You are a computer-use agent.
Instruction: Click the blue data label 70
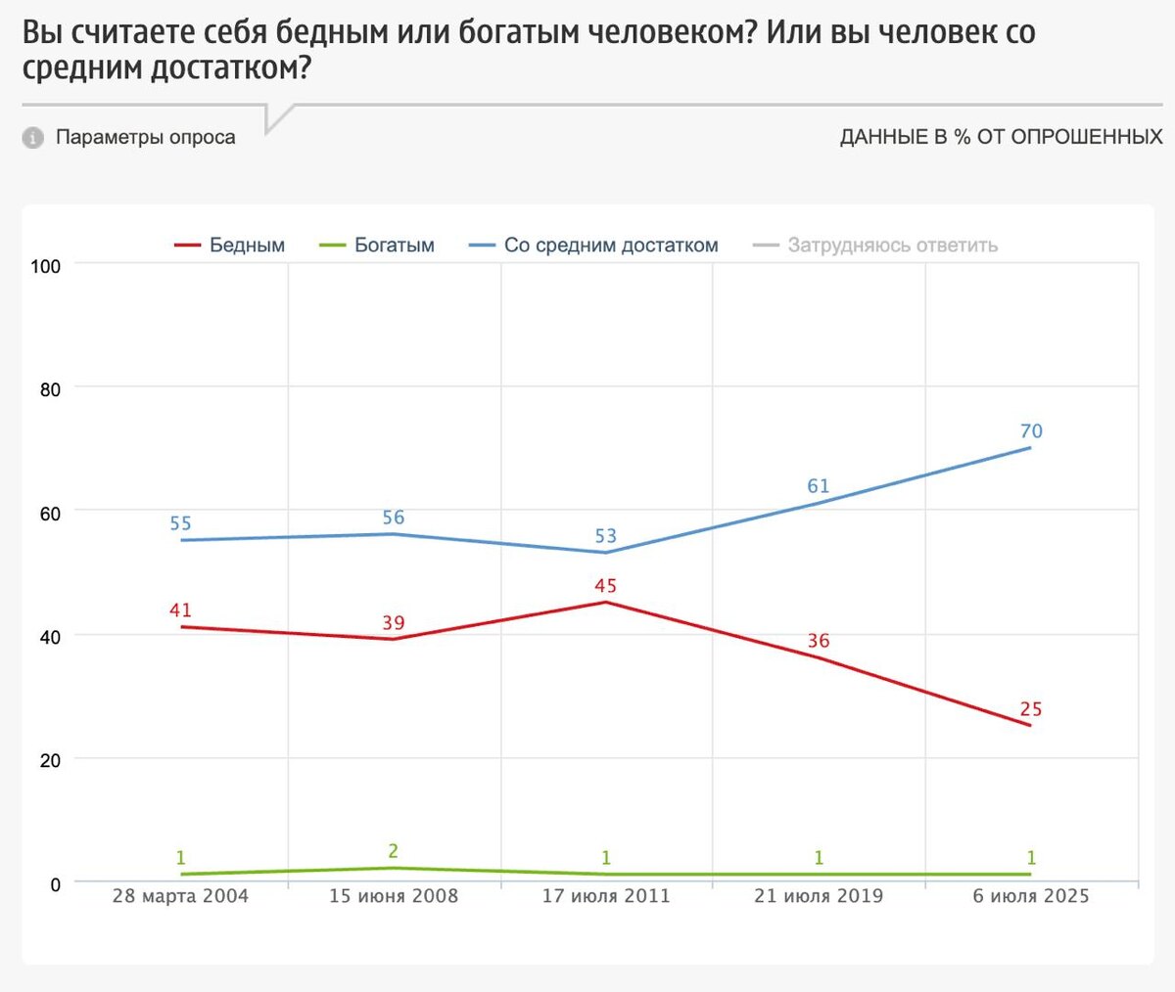click(x=1031, y=431)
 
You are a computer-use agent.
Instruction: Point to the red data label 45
click(x=605, y=586)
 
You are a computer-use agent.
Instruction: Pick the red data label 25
click(x=1030, y=709)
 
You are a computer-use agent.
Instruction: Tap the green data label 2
click(x=393, y=851)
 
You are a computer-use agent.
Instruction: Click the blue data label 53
click(x=605, y=536)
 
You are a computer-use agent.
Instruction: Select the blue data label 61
click(x=818, y=486)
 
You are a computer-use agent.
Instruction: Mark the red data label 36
click(x=818, y=641)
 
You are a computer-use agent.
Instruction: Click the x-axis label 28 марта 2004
click(x=180, y=896)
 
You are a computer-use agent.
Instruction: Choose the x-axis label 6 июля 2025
click(x=1030, y=896)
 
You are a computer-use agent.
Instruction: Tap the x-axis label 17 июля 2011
click(x=606, y=896)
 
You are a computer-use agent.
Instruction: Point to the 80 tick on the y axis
click(x=50, y=389)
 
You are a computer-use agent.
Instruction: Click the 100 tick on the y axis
click(x=46, y=266)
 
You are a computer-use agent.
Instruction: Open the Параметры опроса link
click(x=145, y=137)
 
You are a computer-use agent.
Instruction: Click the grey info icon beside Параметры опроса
click(x=33, y=138)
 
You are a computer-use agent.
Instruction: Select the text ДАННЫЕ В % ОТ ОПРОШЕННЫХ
click(x=1001, y=137)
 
